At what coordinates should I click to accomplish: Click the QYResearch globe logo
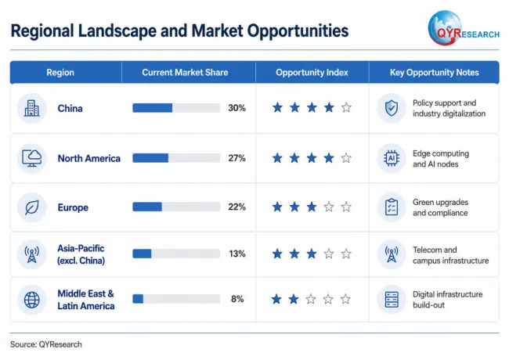click(x=444, y=28)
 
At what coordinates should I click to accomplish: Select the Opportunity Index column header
click(x=312, y=72)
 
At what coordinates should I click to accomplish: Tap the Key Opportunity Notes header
click(x=435, y=72)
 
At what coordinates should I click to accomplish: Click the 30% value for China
click(x=237, y=108)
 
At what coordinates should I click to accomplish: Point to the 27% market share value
click(x=237, y=158)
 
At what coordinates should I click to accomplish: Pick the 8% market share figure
click(x=237, y=299)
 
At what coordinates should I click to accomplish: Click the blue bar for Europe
click(x=147, y=207)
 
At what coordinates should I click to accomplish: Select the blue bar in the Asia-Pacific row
click(x=142, y=254)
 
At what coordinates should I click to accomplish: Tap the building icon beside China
click(x=32, y=108)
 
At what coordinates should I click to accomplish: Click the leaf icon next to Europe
click(x=32, y=207)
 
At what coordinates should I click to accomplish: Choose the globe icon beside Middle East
click(x=32, y=300)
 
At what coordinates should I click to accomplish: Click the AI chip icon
click(x=392, y=158)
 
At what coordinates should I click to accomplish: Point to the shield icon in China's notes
click(x=392, y=108)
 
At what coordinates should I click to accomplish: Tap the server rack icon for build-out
click(x=392, y=300)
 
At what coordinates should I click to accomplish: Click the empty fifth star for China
click(x=346, y=107)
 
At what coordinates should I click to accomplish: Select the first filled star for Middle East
click(x=276, y=299)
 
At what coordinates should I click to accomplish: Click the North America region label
click(x=89, y=158)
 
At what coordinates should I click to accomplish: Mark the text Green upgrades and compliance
click(x=441, y=207)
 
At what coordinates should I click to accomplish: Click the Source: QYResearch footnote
click(x=46, y=344)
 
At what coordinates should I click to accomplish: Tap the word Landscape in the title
click(x=117, y=31)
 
